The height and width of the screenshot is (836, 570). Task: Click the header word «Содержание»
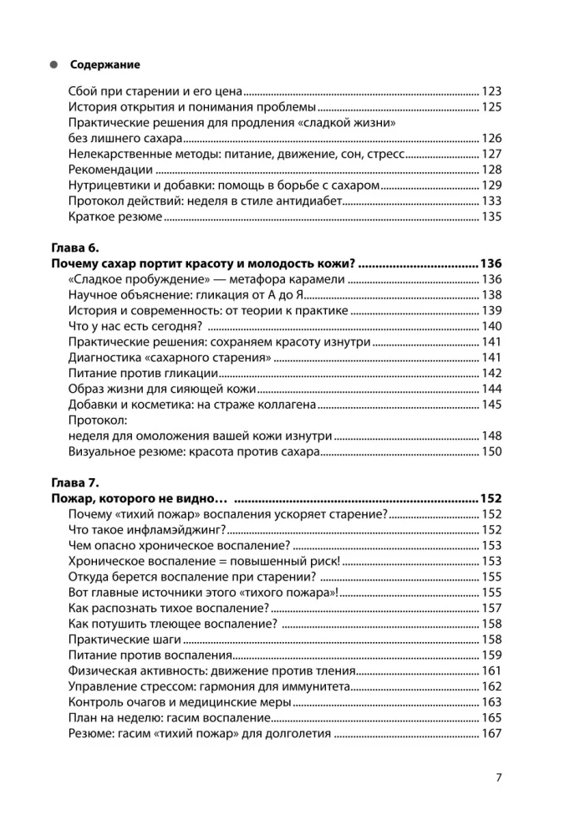point(105,64)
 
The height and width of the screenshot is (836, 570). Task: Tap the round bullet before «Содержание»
point(53,64)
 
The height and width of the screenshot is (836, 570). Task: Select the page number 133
point(491,201)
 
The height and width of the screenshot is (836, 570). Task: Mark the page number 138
point(491,295)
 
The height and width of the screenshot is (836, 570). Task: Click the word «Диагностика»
point(103,358)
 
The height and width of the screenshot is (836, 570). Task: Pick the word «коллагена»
point(283,405)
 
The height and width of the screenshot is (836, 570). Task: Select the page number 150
point(491,452)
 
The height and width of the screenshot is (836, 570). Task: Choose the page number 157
point(491,608)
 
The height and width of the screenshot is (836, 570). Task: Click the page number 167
point(491,734)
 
